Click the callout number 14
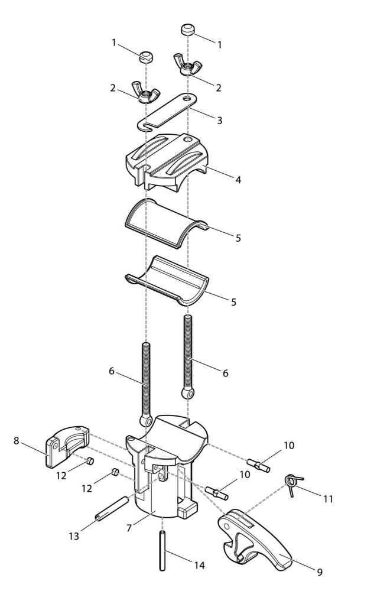(x=200, y=565)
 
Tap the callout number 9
(x=320, y=573)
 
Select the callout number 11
(x=329, y=499)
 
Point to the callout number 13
(x=74, y=536)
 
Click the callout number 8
(x=16, y=441)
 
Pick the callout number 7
(x=129, y=528)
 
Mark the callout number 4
(x=238, y=180)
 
